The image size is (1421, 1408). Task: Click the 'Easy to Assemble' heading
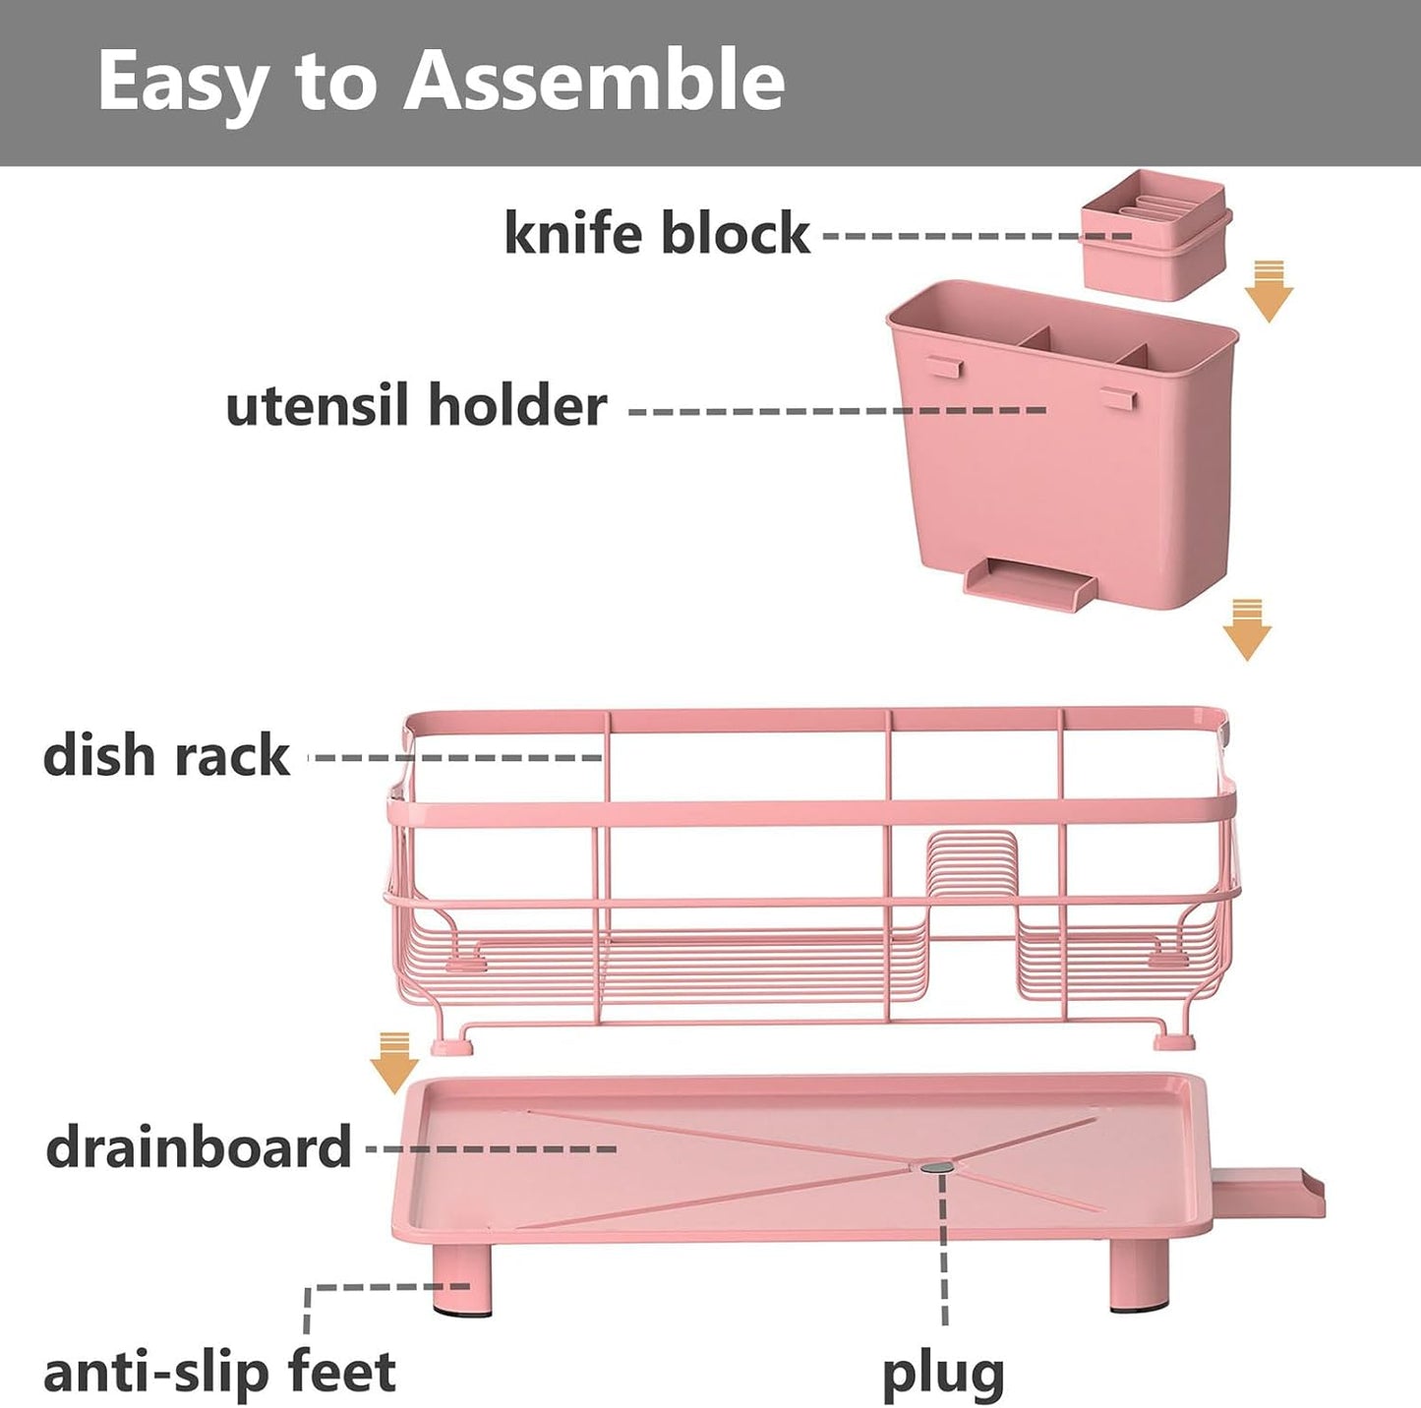tap(441, 81)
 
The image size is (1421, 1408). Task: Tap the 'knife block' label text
tap(656, 234)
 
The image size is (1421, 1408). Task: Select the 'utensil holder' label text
tap(416, 406)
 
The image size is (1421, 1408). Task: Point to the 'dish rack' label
tap(166, 756)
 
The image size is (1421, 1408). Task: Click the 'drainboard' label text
tap(199, 1147)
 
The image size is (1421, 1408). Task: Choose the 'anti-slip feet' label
tap(219, 1372)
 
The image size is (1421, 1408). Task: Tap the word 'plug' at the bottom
tap(942, 1374)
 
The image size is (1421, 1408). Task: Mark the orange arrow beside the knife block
tap(1269, 291)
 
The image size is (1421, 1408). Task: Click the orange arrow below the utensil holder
tap(1247, 629)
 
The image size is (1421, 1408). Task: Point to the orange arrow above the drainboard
tap(394, 1062)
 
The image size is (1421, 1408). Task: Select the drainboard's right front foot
tap(1139, 1275)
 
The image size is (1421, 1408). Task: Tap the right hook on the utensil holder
tap(1118, 396)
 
